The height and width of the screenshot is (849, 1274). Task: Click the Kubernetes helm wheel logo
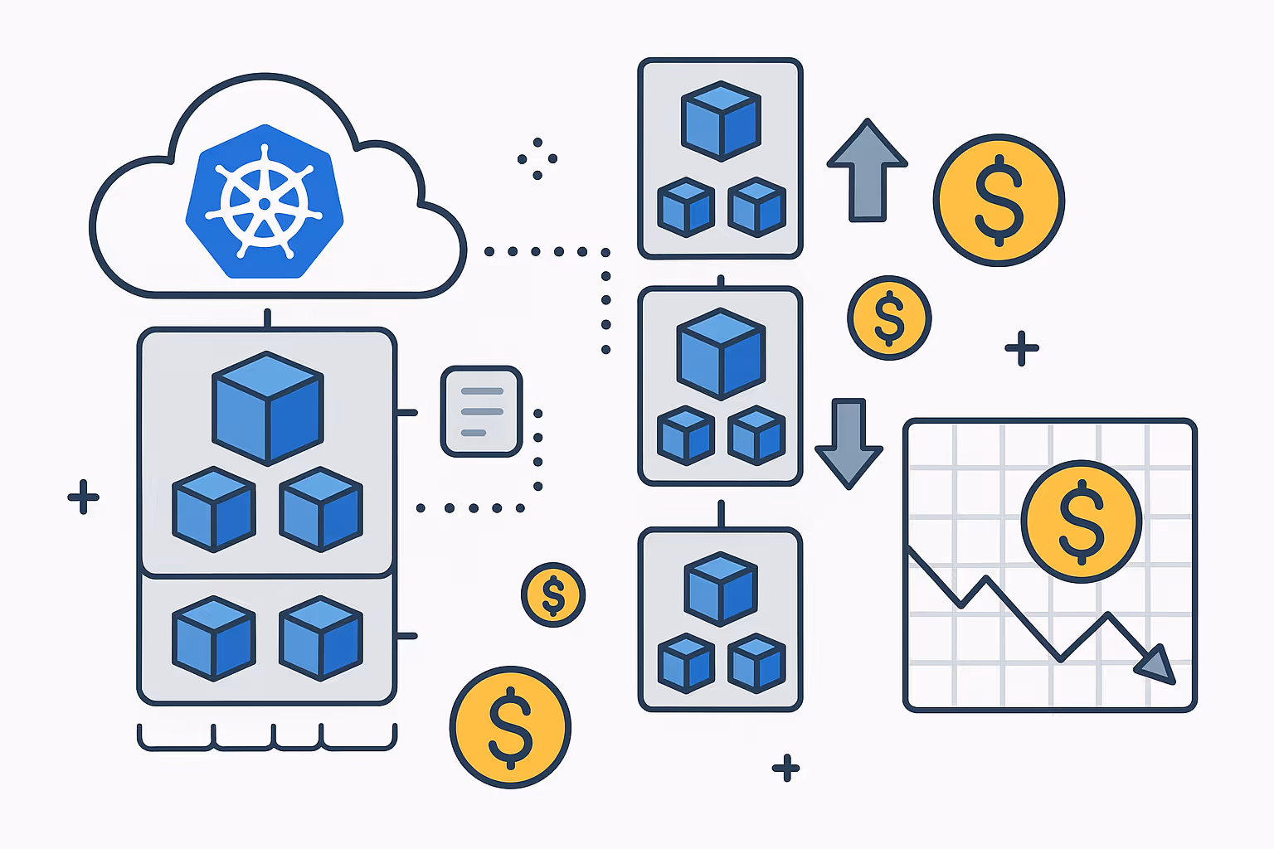point(265,202)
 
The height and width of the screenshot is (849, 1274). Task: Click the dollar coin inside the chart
point(1082,521)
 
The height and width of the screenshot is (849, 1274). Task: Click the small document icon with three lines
point(481,411)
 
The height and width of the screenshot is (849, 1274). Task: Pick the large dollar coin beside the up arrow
point(999,200)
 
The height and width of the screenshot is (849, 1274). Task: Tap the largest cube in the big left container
point(267,408)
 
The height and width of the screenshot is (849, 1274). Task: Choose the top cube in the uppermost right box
point(721,120)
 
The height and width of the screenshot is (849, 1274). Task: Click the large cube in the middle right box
point(721,353)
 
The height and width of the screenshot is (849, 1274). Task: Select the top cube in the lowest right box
point(721,589)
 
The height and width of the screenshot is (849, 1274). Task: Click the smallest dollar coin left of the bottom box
point(553,594)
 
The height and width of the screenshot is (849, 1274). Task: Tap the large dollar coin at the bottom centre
point(510,727)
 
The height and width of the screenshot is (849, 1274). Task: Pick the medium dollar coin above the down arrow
point(889,318)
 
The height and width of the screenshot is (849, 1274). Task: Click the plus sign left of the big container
point(83,497)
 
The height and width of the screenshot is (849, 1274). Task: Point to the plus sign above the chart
point(1022,348)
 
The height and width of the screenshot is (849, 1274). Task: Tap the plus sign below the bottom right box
point(785,768)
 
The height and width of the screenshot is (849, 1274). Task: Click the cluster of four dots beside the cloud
point(537,158)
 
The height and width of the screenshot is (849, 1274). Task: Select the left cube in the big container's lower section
point(213,638)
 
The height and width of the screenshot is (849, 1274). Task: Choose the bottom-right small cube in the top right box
point(756,206)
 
